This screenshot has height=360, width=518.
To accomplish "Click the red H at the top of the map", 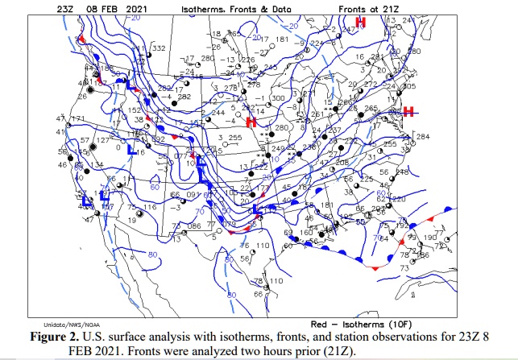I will pyautogui.click(x=361, y=21).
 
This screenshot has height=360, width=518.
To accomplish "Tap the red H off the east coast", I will pyautogui.click(x=408, y=111).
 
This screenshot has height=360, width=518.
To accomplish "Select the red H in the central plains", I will pyautogui.click(x=251, y=122).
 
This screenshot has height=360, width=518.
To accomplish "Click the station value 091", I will pyautogui.click(x=193, y=194).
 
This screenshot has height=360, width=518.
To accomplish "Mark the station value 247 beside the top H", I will pyautogui.click(x=348, y=29).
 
